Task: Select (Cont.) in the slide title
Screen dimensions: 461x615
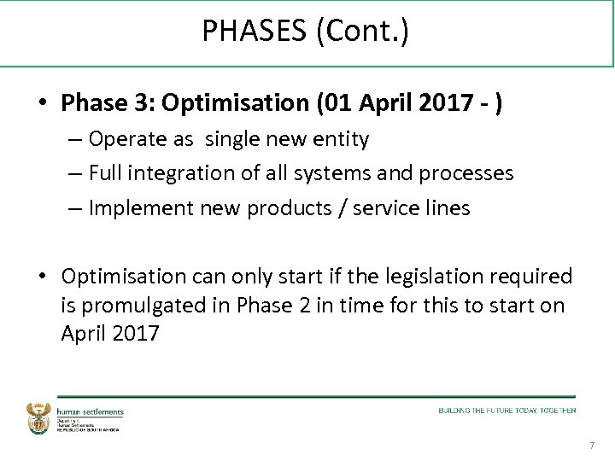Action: (362, 32)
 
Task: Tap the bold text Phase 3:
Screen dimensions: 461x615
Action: (108, 103)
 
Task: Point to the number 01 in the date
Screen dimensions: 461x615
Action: (338, 103)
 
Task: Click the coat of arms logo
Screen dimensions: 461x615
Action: (39, 418)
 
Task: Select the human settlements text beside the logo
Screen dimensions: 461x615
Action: (91, 412)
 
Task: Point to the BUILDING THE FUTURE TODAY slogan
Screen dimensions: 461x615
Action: (507, 411)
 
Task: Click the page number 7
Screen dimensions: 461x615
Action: (592, 446)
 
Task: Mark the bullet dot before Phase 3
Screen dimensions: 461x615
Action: (41, 104)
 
